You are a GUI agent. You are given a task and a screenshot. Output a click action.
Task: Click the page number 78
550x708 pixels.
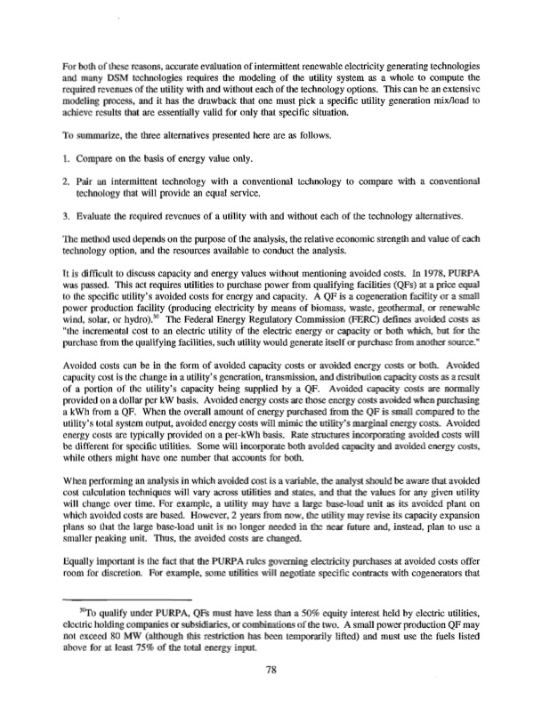[275, 672]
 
